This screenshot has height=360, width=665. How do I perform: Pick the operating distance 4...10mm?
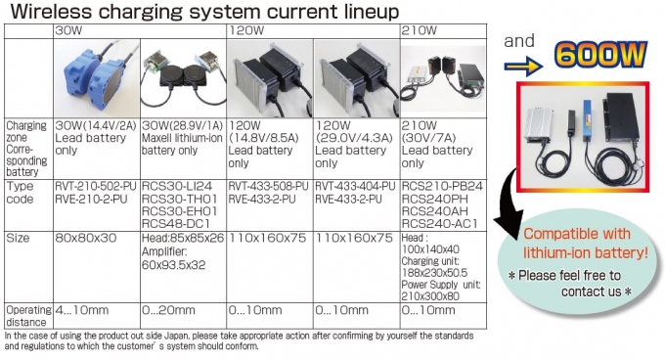(x=82, y=310)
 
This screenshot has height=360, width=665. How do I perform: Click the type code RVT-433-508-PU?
(x=269, y=185)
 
